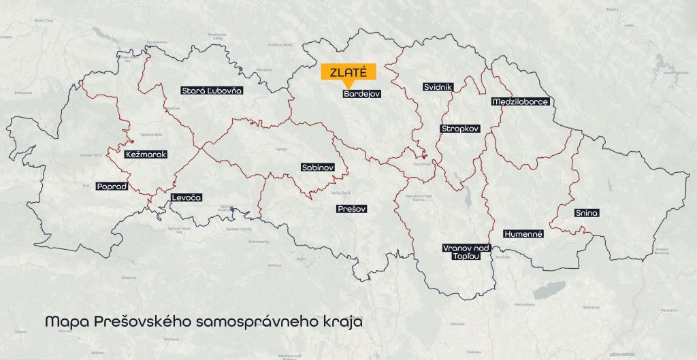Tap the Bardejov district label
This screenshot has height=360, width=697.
pos(361,95)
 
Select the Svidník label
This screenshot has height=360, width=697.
pos(437,88)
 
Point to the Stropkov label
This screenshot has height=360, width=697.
pos(460,128)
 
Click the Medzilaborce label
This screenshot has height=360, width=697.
pos(519,102)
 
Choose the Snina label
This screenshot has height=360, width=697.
pos(586,213)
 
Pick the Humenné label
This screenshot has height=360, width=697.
pos(523,233)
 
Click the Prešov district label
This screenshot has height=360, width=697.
pos(352,210)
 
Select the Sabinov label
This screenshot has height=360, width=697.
pos(317,167)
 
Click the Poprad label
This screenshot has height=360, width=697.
pos(112,186)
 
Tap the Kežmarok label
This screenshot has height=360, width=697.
pos(146,154)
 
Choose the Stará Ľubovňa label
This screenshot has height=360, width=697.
pos(212,90)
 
